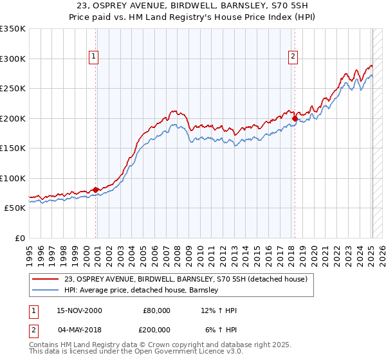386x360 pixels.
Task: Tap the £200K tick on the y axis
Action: pyautogui.click(x=13, y=118)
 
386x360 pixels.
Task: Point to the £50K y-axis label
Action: pyautogui.click(x=15, y=208)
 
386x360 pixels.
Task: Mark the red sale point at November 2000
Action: pyautogui.click(x=96, y=190)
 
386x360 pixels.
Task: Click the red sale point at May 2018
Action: pyautogui.click(x=295, y=118)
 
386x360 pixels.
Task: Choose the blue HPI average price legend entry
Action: pyautogui.click(x=142, y=290)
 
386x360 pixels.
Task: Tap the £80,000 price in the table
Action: pyautogui.click(x=156, y=310)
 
